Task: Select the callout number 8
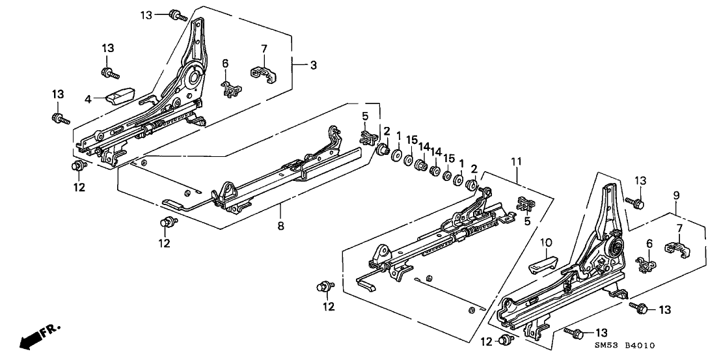click(x=280, y=208)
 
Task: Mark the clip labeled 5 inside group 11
click(x=524, y=204)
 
